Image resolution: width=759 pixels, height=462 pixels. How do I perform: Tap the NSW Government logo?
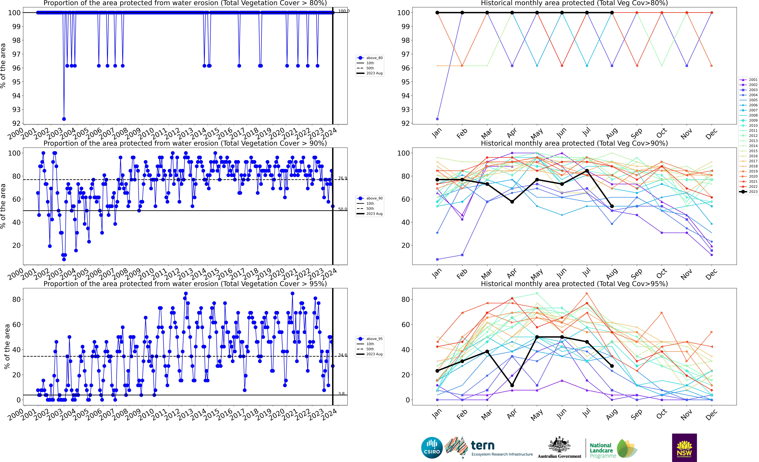[x=684, y=448]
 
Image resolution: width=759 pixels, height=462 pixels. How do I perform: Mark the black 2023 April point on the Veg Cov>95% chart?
[x=512, y=385]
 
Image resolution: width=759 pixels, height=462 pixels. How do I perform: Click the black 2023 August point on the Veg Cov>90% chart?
[x=612, y=206]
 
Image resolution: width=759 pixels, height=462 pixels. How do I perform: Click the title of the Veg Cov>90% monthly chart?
[x=574, y=143]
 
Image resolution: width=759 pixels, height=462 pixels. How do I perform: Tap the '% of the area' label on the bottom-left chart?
[x=7, y=347]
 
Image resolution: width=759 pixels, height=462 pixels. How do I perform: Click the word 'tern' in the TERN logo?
[x=483, y=445]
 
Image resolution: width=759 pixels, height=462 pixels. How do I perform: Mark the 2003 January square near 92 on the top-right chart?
[x=437, y=119]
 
